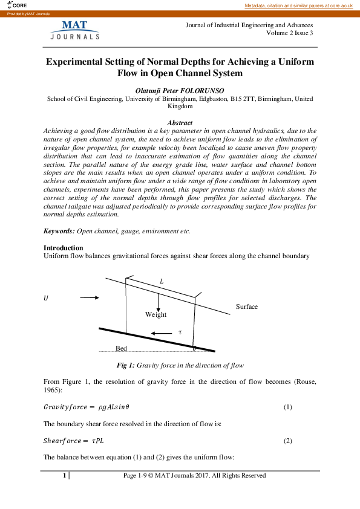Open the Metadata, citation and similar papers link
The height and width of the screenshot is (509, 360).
[x=298, y=5]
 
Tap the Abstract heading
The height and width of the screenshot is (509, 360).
[x=180, y=123]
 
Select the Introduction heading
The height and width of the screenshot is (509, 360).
[x=64, y=248]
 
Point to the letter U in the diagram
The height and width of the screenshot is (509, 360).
[x=45, y=297]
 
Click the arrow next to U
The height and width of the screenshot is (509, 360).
[x=88, y=297]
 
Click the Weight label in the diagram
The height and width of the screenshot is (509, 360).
[x=155, y=314]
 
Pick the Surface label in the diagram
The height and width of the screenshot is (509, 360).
[x=246, y=306]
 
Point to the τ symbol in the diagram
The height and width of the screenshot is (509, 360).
[x=180, y=332]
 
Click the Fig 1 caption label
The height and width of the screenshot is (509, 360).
[x=126, y=365]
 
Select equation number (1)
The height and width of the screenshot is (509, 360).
[x=288, y=407]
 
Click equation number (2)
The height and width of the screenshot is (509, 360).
[x=288, y=441]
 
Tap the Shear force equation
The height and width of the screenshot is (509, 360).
[x=74, y=441]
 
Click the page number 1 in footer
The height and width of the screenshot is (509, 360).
[x=64, y=476]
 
